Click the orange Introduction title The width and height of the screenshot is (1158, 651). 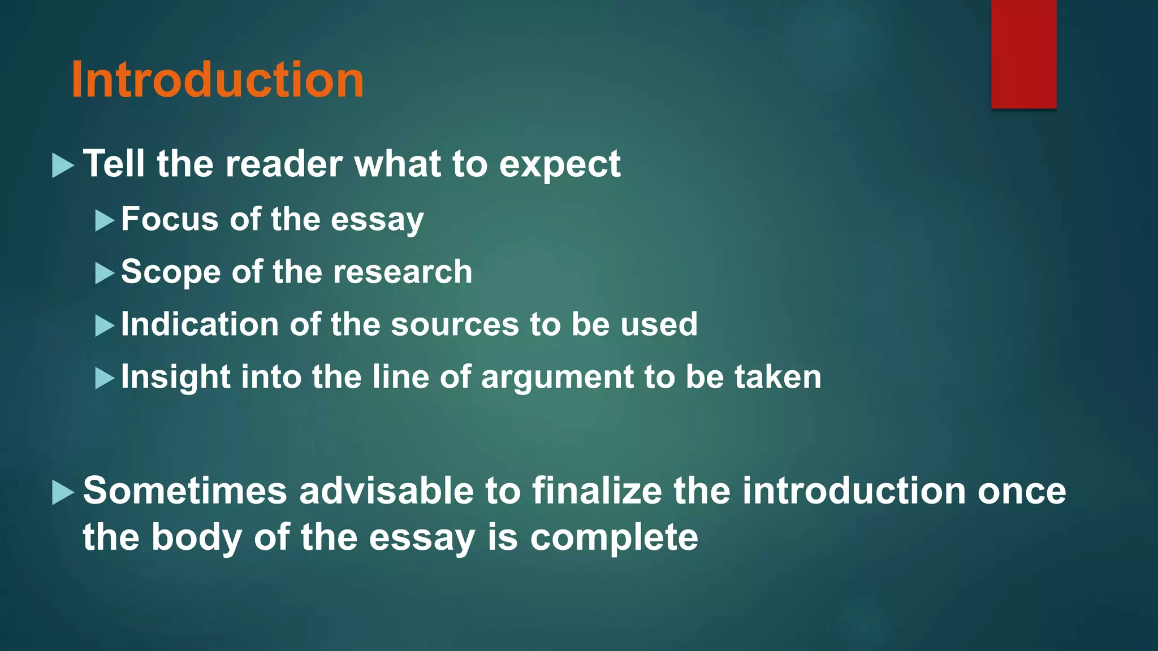[x=218, y=80]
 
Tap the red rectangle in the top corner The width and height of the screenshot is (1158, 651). [x=1023, y=54]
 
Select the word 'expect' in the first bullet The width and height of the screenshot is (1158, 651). [x=560, y=165]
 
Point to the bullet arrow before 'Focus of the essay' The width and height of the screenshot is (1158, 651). [x=105, y=220]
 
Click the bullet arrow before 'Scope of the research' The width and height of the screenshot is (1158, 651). [x=105, y=274]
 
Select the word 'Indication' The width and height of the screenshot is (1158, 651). [x=200, y=324]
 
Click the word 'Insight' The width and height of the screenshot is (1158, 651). [x=175, y=377]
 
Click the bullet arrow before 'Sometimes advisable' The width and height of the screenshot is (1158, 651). [x=63, y=492]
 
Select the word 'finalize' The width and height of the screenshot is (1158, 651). [x=597, y=491]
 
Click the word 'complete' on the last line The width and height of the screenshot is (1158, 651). [x=614, y=538]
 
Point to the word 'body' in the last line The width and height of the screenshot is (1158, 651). [x=197, y=538]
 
